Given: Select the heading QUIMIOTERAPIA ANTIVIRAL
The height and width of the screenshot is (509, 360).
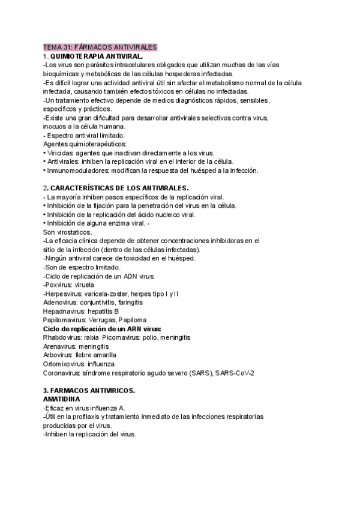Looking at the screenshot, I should tap(97, 55).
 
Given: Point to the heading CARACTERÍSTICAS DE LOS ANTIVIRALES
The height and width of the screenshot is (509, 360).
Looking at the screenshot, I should tap(119, 188).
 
